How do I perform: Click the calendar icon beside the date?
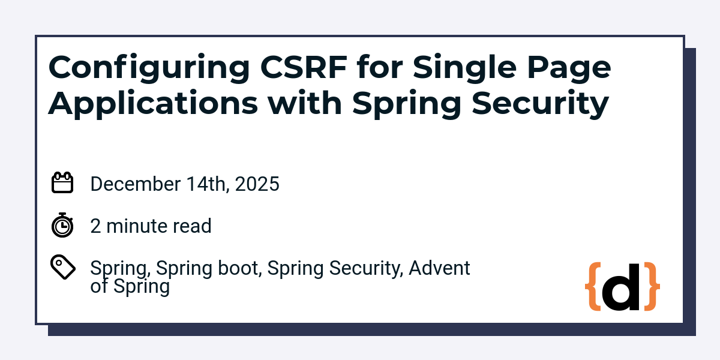(x=62, y=183)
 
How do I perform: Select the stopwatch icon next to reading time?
(x=62, y=226)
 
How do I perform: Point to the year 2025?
(x=257, y=184)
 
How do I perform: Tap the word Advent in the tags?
(x=439, y=268)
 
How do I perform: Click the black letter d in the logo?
(x=622, y=288)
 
